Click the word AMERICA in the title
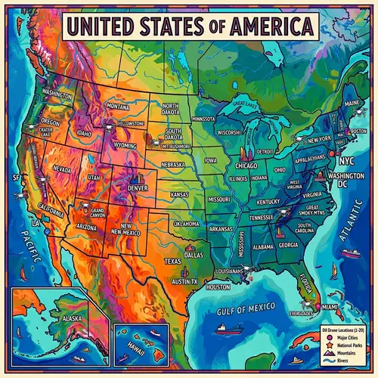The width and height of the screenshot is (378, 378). click(x=265, y=26)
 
